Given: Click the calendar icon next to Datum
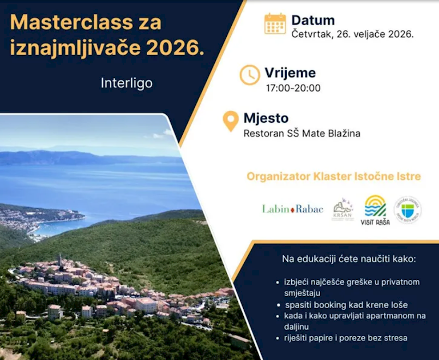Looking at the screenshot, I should (275, 24).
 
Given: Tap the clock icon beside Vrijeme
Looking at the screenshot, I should (250, 75).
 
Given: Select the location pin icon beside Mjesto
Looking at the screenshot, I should (231, 121).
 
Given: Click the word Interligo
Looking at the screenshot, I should (127, 83).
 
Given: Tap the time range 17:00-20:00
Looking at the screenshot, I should (293, 88).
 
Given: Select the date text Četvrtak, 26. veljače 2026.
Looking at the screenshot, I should (352, 34).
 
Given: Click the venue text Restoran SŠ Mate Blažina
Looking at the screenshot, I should (302, 133).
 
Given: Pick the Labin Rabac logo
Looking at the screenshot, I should (292, 209).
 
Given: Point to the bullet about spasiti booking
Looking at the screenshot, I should (345, 304).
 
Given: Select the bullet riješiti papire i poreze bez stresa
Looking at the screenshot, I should (345, 338).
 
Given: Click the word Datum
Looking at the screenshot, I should (312, 20).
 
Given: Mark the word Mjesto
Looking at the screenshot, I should (266, 118).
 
